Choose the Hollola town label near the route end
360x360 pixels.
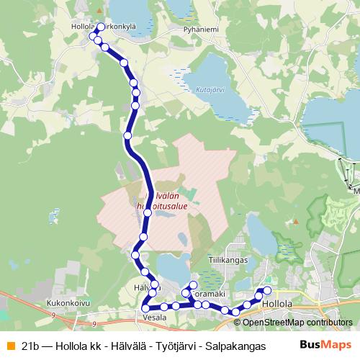[x=277, y=304]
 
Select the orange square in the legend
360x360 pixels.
[x=9, y=346]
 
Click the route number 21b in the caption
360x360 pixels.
[x=30, y=346]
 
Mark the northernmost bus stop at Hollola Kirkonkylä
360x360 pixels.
[x=100, y=27]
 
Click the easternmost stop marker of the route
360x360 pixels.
[x=267, y=290]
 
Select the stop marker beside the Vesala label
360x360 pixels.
[x=145, y=309]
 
